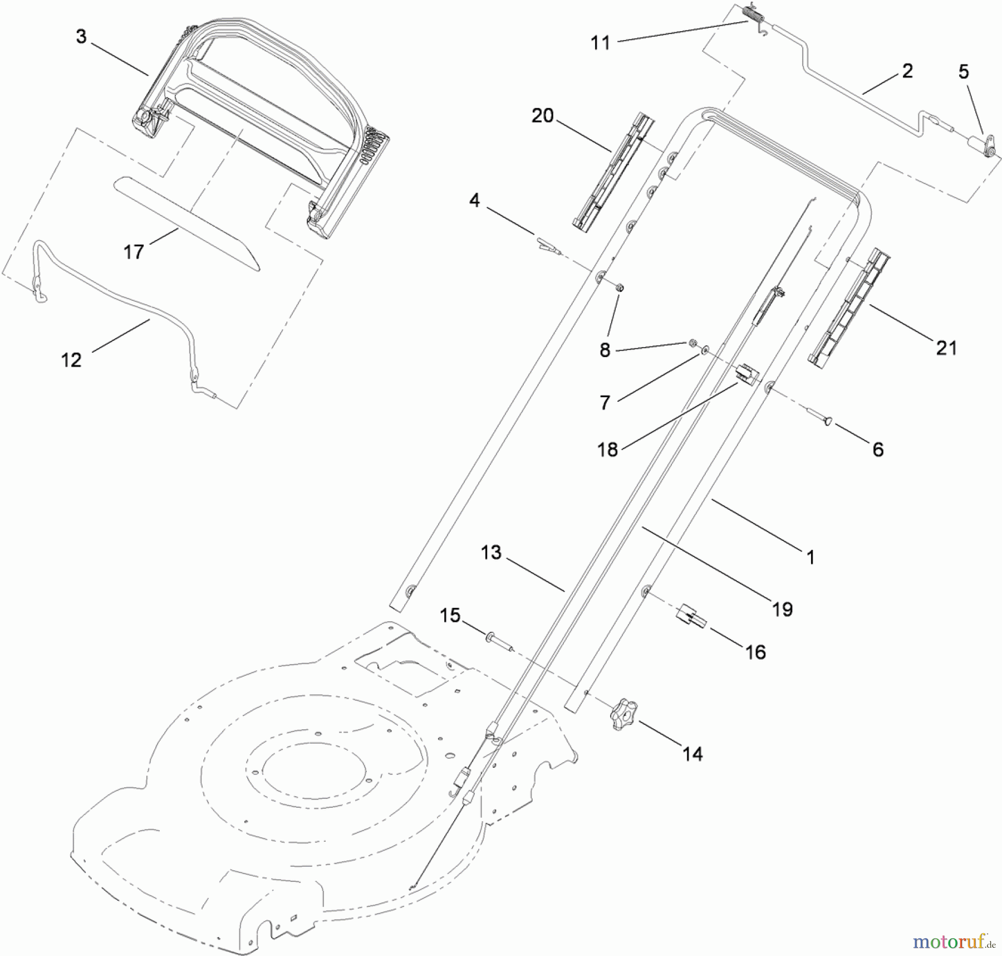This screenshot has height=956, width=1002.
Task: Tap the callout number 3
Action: point(81,37)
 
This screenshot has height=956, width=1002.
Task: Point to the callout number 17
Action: point(134,252)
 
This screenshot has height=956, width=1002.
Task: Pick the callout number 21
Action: point(946,348)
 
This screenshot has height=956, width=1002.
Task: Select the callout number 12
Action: point(71,360)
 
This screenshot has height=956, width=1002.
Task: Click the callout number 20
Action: point(542,116)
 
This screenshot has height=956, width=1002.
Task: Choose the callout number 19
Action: point(782,609)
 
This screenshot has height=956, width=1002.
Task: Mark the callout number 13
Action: point(491,553)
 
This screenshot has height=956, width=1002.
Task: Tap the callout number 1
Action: point(811,557)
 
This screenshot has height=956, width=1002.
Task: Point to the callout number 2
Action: point(907,71)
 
